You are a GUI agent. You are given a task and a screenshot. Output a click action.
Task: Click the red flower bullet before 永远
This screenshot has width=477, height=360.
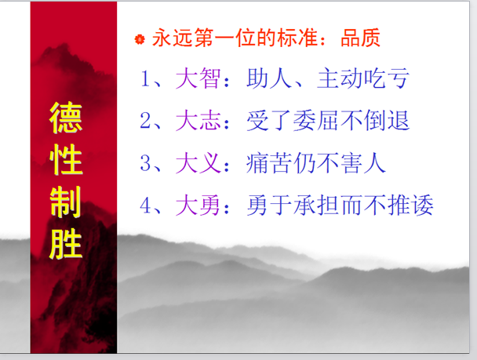(x=140, y=39)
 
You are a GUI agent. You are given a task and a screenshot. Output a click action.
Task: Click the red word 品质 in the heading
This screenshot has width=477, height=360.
(x=360, y=38)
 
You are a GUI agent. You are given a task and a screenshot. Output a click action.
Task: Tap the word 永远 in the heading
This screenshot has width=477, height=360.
(x=173, y=38)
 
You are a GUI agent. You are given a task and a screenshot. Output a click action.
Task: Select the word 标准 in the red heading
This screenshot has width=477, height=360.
(x=297, y=38)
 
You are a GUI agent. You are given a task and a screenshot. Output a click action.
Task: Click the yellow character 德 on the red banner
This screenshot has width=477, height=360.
(x=66, y=118)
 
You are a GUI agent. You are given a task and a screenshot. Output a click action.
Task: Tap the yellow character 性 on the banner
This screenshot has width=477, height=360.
(x=66, y=160)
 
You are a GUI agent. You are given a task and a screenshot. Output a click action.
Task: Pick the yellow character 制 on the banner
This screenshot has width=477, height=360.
(x=66, y=202)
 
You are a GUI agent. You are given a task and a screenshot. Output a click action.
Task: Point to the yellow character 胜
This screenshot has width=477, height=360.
(x=66, y=244)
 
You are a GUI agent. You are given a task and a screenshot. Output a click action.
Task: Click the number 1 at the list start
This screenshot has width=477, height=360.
(x=145, y=78)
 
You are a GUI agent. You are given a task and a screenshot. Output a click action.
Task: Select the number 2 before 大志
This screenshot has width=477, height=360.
(x=145, y=121)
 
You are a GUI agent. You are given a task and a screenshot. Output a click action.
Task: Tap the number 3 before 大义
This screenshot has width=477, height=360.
(x=145, y=163)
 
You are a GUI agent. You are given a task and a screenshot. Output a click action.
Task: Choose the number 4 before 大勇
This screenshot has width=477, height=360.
(x=145, y=205)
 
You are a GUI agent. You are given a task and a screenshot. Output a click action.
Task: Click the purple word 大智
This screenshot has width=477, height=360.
(x=198, y=78)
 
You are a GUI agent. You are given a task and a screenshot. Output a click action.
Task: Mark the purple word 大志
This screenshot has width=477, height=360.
(x=198, y=121)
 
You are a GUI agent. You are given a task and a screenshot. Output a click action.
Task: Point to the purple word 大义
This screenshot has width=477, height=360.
(x=198, y=163)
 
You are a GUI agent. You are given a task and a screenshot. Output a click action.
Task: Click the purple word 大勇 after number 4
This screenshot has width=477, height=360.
(x=198, y=205)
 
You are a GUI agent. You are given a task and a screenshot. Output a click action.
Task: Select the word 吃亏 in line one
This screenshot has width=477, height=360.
(x=387, y=78)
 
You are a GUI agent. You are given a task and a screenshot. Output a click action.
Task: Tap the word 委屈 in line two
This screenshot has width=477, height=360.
(x=316, y=121)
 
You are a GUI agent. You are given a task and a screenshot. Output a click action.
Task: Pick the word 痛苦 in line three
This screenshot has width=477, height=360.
(x=269, y=163)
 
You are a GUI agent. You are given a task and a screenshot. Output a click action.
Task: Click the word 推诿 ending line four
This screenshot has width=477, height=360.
(x=410, y=205)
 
